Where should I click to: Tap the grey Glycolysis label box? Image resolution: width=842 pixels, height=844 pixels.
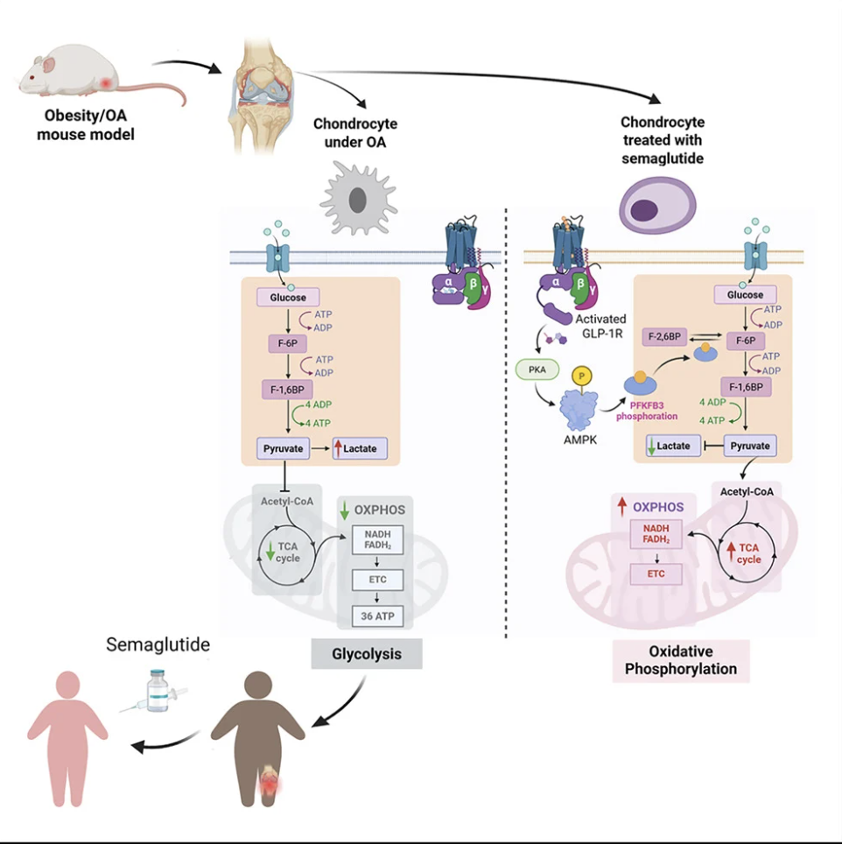click(x=367, y=653)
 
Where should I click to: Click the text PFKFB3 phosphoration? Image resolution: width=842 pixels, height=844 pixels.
click(x=649, y=410)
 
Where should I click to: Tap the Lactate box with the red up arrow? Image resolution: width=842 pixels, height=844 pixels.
click(x=357, y=448)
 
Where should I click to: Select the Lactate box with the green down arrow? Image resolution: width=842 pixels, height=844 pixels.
click(x=670, y=446)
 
